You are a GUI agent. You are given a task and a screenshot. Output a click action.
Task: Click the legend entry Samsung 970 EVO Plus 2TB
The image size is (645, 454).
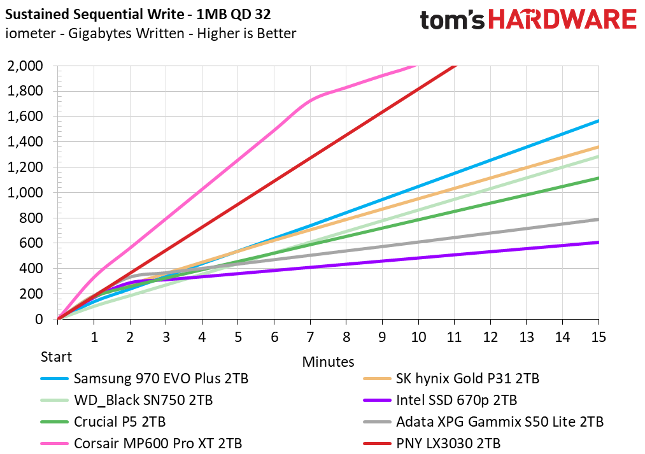(161, 378)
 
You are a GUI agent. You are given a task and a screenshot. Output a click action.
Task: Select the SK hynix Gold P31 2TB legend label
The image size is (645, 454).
(467, 378)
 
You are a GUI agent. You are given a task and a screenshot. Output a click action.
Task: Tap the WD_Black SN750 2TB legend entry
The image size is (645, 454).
(143, 400)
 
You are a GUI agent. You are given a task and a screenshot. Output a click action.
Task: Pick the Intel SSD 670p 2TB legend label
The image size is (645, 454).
(456, 400)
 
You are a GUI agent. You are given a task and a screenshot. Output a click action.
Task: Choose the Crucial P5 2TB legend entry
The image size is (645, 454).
(120, 422)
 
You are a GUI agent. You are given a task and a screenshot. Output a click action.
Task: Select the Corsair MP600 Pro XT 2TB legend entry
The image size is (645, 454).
(158, 444)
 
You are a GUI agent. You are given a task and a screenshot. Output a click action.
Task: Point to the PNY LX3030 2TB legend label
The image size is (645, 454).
(448, 444)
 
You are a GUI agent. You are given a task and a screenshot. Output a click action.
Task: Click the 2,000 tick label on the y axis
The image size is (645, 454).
(25, 66)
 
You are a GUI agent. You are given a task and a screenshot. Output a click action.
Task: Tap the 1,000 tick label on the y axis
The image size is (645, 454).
(25, 192)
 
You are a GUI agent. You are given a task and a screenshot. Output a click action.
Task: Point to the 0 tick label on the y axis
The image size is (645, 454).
(39, 319)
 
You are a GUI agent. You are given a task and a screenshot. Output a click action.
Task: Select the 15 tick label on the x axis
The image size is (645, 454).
(599, 337)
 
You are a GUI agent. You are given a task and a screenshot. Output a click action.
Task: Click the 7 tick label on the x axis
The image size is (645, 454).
(310, 337)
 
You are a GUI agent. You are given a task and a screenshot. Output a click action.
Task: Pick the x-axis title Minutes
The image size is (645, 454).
(329, 362)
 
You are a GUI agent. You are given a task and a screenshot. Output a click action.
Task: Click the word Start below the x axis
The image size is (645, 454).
(56, 357)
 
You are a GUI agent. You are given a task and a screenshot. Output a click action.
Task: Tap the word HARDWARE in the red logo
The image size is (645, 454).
(562, 19)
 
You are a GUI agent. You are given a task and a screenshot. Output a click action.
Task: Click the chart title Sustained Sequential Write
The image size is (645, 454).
(94, 15)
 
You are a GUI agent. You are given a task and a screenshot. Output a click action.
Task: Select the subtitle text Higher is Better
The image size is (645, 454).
(246, 33)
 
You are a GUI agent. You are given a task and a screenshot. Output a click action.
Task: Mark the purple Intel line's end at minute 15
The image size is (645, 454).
(599, 242)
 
